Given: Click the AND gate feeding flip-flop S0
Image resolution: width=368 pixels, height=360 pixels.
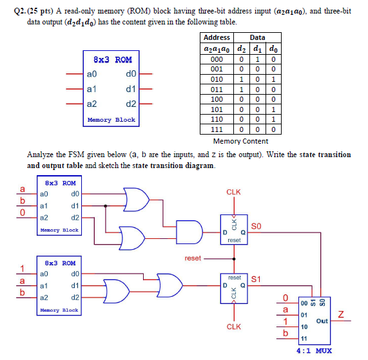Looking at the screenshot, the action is tap(189, 232).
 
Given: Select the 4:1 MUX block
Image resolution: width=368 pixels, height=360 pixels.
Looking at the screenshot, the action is tap(315, 321).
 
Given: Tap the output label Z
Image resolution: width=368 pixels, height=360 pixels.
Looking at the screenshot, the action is tap(341, 314).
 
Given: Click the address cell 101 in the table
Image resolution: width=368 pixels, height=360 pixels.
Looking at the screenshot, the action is tap(217, 109).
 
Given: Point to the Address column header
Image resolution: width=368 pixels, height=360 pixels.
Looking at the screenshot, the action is tap(217, 37).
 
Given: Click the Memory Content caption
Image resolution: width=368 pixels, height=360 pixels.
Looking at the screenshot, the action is tap(240, 141).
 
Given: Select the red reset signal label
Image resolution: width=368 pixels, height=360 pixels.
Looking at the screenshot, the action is tap(193, 258).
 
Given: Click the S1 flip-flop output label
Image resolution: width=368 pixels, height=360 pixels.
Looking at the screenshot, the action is tap(256, 279).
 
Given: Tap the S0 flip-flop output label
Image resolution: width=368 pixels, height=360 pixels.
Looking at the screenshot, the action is tap(256, 226).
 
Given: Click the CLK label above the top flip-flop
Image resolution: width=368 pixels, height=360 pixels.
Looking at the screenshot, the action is tap(233, 192).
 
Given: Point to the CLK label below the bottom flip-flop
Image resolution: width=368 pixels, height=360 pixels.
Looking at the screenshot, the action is tap(234, 327).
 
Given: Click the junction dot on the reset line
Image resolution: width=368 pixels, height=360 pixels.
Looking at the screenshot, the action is tap(234, 259).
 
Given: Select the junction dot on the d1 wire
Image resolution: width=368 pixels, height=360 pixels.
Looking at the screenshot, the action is tap(106, 206).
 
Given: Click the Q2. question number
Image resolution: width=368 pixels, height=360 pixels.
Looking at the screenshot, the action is tap(20, 11).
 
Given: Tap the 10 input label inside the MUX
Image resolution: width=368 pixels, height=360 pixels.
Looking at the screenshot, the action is tap(304, 327).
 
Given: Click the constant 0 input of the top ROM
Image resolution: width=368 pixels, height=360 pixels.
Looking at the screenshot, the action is tap(23, 213).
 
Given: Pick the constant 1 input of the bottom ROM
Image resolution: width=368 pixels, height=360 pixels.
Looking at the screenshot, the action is tap(23, 269).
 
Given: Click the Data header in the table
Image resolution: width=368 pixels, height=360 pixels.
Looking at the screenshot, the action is tap(257, 37).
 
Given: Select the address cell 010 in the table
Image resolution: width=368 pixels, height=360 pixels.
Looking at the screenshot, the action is tap(217, 79).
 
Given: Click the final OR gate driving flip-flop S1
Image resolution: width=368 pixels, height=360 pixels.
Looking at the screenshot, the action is tap(169, 285).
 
